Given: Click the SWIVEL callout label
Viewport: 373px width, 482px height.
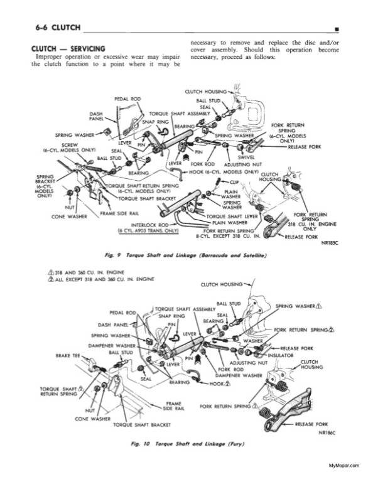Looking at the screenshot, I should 246,157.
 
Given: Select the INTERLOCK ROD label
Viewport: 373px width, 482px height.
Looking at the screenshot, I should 148,223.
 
